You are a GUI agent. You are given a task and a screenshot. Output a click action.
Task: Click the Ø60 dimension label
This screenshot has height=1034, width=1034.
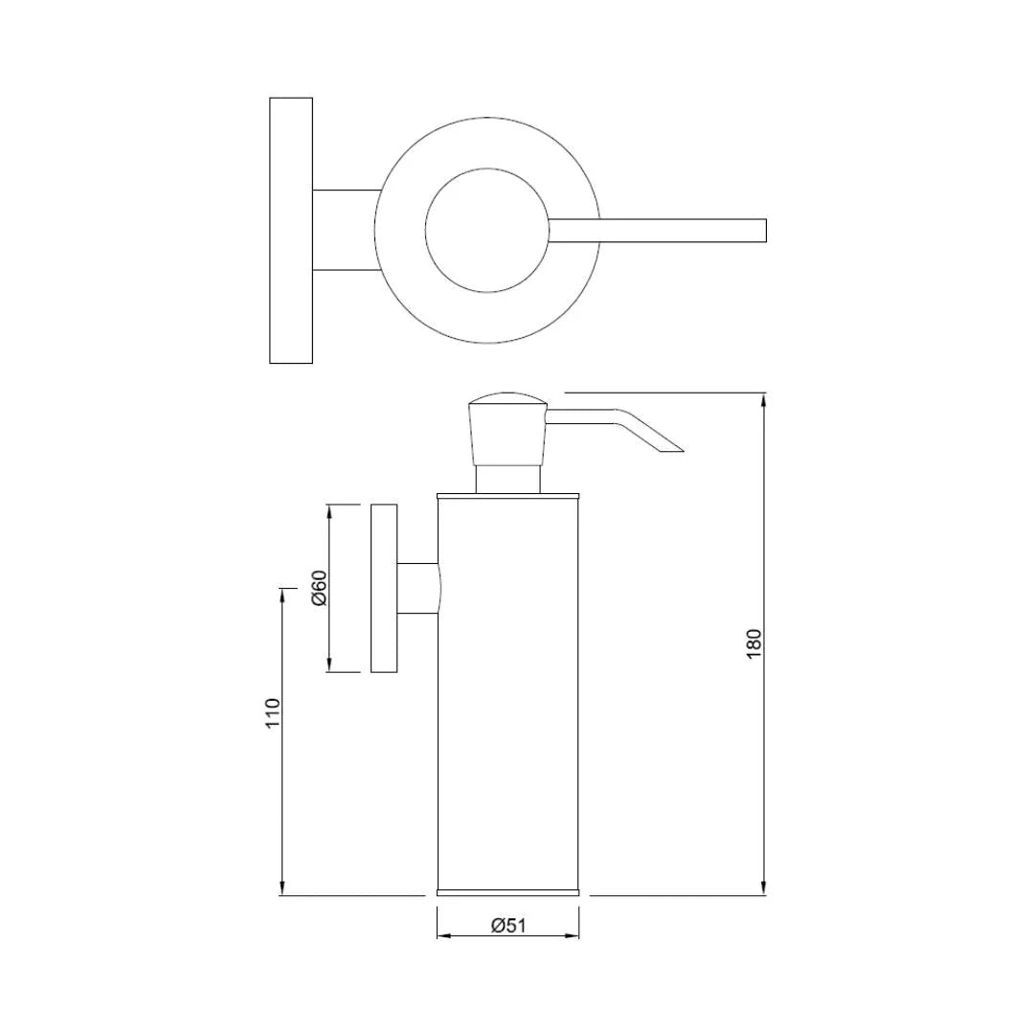(x=320, y=588)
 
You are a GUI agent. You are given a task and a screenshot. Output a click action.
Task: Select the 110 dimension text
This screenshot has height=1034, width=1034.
(x=273, y=713)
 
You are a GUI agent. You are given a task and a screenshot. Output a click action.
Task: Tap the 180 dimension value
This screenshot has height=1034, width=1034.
(x=754, y=642)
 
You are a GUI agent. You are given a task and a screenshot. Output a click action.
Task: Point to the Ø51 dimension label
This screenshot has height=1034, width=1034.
(x=508, y=925)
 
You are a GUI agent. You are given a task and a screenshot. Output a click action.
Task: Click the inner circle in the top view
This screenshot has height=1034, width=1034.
(x=486, y=231)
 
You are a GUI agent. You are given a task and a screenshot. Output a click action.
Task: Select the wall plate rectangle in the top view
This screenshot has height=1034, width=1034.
(x=291, y=231)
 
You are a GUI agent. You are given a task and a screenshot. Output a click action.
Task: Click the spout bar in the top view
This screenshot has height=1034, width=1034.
(x=661, y=231)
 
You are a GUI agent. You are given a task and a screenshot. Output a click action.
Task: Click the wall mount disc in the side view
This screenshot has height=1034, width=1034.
(x=384, y=588)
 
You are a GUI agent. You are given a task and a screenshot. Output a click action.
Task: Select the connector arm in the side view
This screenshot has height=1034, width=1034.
(x=418, y=588)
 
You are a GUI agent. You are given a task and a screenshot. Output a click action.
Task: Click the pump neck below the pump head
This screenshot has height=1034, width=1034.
(x=508, y=479)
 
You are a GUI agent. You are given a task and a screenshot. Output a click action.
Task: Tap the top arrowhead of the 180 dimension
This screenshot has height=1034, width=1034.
(x=763, y=400)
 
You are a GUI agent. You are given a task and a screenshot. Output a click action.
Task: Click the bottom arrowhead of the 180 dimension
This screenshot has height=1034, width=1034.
(x=763, y=888)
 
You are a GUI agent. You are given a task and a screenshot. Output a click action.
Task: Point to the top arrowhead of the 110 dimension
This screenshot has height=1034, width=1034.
(x=282, y=596)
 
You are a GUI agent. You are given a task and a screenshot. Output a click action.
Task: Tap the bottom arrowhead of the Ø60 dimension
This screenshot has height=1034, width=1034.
(x=329, y=664)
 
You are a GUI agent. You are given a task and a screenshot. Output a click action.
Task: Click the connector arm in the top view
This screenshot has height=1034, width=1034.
(x=345, y=231)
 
